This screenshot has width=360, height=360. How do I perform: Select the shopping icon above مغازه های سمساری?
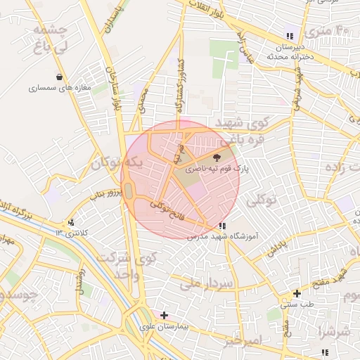click(58, 77)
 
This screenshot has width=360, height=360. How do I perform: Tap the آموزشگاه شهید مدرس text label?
click(220, 237)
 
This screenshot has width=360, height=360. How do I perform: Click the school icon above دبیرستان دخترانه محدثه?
click(289, 37)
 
